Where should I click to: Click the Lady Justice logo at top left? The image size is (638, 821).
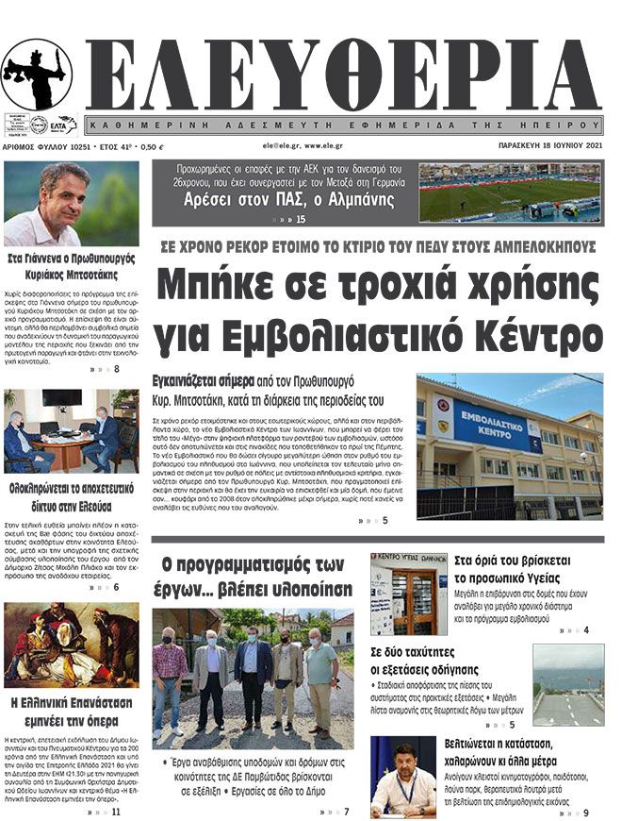pos(37,76)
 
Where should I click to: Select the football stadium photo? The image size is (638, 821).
pos(522,193)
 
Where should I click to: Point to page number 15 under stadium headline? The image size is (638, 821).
pos(301,220)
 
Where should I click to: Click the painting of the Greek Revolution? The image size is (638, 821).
pos(72,645)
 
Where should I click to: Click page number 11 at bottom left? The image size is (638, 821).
pos(116,812)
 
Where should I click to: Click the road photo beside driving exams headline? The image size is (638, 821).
pos(567,684)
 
